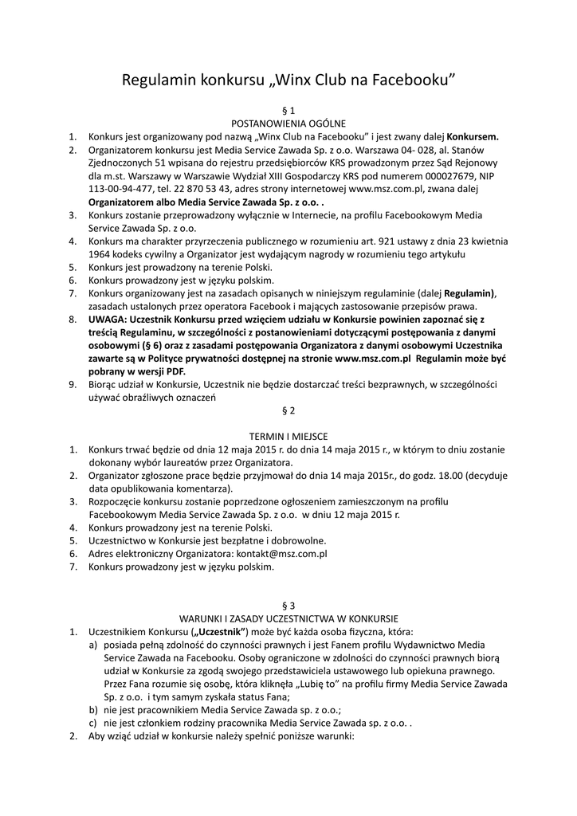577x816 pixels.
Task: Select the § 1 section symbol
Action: [288, 110]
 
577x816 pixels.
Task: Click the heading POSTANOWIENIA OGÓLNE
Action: [288, 124]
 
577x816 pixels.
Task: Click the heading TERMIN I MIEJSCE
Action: [288, 436]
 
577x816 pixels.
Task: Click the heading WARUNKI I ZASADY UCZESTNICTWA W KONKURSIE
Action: [288, 618]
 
